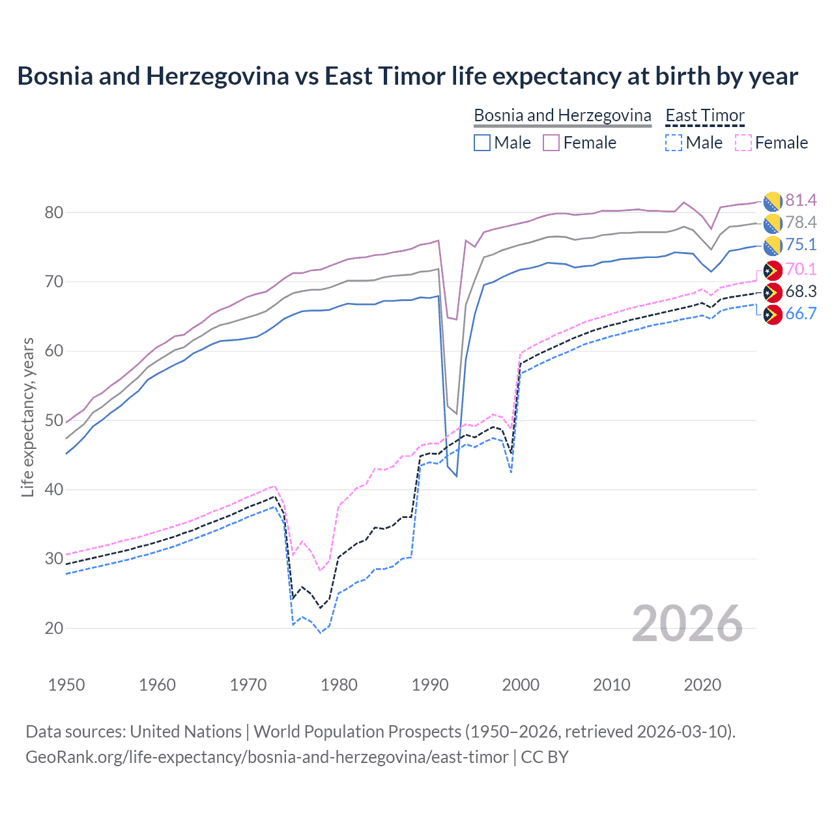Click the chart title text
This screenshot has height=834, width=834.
[407, 76]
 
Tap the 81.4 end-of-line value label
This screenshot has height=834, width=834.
[801, 200]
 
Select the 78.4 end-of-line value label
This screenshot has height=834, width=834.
[801, 222]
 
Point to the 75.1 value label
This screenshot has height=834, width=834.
[801, 244]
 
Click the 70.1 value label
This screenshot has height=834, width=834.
[801, 269]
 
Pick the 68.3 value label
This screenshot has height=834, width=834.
[801, 291]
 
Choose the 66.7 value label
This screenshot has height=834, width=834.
[801, 313]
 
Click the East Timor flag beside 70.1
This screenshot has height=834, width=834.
[773, 270]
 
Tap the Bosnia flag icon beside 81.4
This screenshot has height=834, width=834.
[773, 201]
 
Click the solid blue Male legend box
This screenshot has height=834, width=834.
[482, 143]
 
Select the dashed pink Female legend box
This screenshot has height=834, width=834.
[743, 143]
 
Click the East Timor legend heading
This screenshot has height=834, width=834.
[704, 115]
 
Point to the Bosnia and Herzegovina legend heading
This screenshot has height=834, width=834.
[562, 115]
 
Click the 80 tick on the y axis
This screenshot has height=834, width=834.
[54, 212]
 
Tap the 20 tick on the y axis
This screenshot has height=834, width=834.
[54, 628]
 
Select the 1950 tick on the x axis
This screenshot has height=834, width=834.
[66, 685]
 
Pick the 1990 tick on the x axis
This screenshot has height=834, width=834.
[430, 685]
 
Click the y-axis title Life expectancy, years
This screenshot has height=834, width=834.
[27, 417]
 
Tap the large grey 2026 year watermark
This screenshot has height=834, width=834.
[687, 624]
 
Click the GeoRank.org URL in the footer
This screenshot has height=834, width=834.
[267, 757]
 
